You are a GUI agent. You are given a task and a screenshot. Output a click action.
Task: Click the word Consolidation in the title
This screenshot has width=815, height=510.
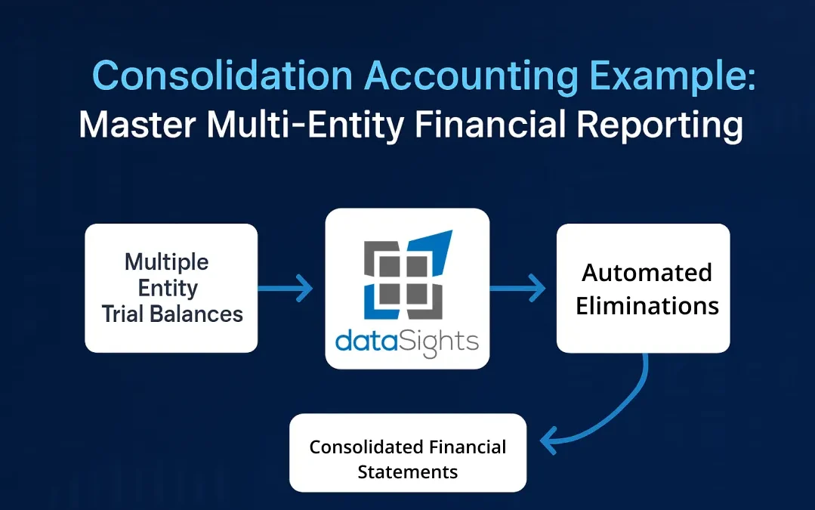click(223, 76)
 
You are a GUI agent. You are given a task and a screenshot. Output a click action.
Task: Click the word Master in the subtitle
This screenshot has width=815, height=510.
click(137, 125)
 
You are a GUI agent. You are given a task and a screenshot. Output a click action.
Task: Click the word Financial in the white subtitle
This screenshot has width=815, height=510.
click(489, 125)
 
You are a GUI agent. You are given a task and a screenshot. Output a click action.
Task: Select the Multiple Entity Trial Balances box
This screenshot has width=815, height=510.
click(171, 288)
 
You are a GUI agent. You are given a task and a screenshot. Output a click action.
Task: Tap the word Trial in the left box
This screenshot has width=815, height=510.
click(122, 314)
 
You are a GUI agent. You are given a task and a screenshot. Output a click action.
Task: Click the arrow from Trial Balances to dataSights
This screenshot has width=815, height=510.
click(286, 288)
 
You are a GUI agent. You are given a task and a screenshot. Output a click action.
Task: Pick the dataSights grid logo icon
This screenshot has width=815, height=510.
click(408, 274)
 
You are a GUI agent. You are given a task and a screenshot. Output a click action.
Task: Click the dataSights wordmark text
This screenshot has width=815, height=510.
click(407, 342)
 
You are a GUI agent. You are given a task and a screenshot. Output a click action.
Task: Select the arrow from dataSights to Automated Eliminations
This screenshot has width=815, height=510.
click(517, 288)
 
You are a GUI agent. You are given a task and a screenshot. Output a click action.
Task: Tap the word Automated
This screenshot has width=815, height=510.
click(647, 273)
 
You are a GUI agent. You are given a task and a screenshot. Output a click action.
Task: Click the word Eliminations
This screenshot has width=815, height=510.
click(647, 306)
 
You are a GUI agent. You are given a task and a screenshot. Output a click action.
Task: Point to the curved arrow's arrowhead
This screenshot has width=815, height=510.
click(548, 440)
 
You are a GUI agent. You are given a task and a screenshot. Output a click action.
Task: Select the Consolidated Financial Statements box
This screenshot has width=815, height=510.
click(408, 453)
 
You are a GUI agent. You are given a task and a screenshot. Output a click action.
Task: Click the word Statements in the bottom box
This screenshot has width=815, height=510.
click(408, 472)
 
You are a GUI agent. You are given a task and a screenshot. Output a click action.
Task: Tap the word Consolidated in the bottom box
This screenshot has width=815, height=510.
click(357, 447)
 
